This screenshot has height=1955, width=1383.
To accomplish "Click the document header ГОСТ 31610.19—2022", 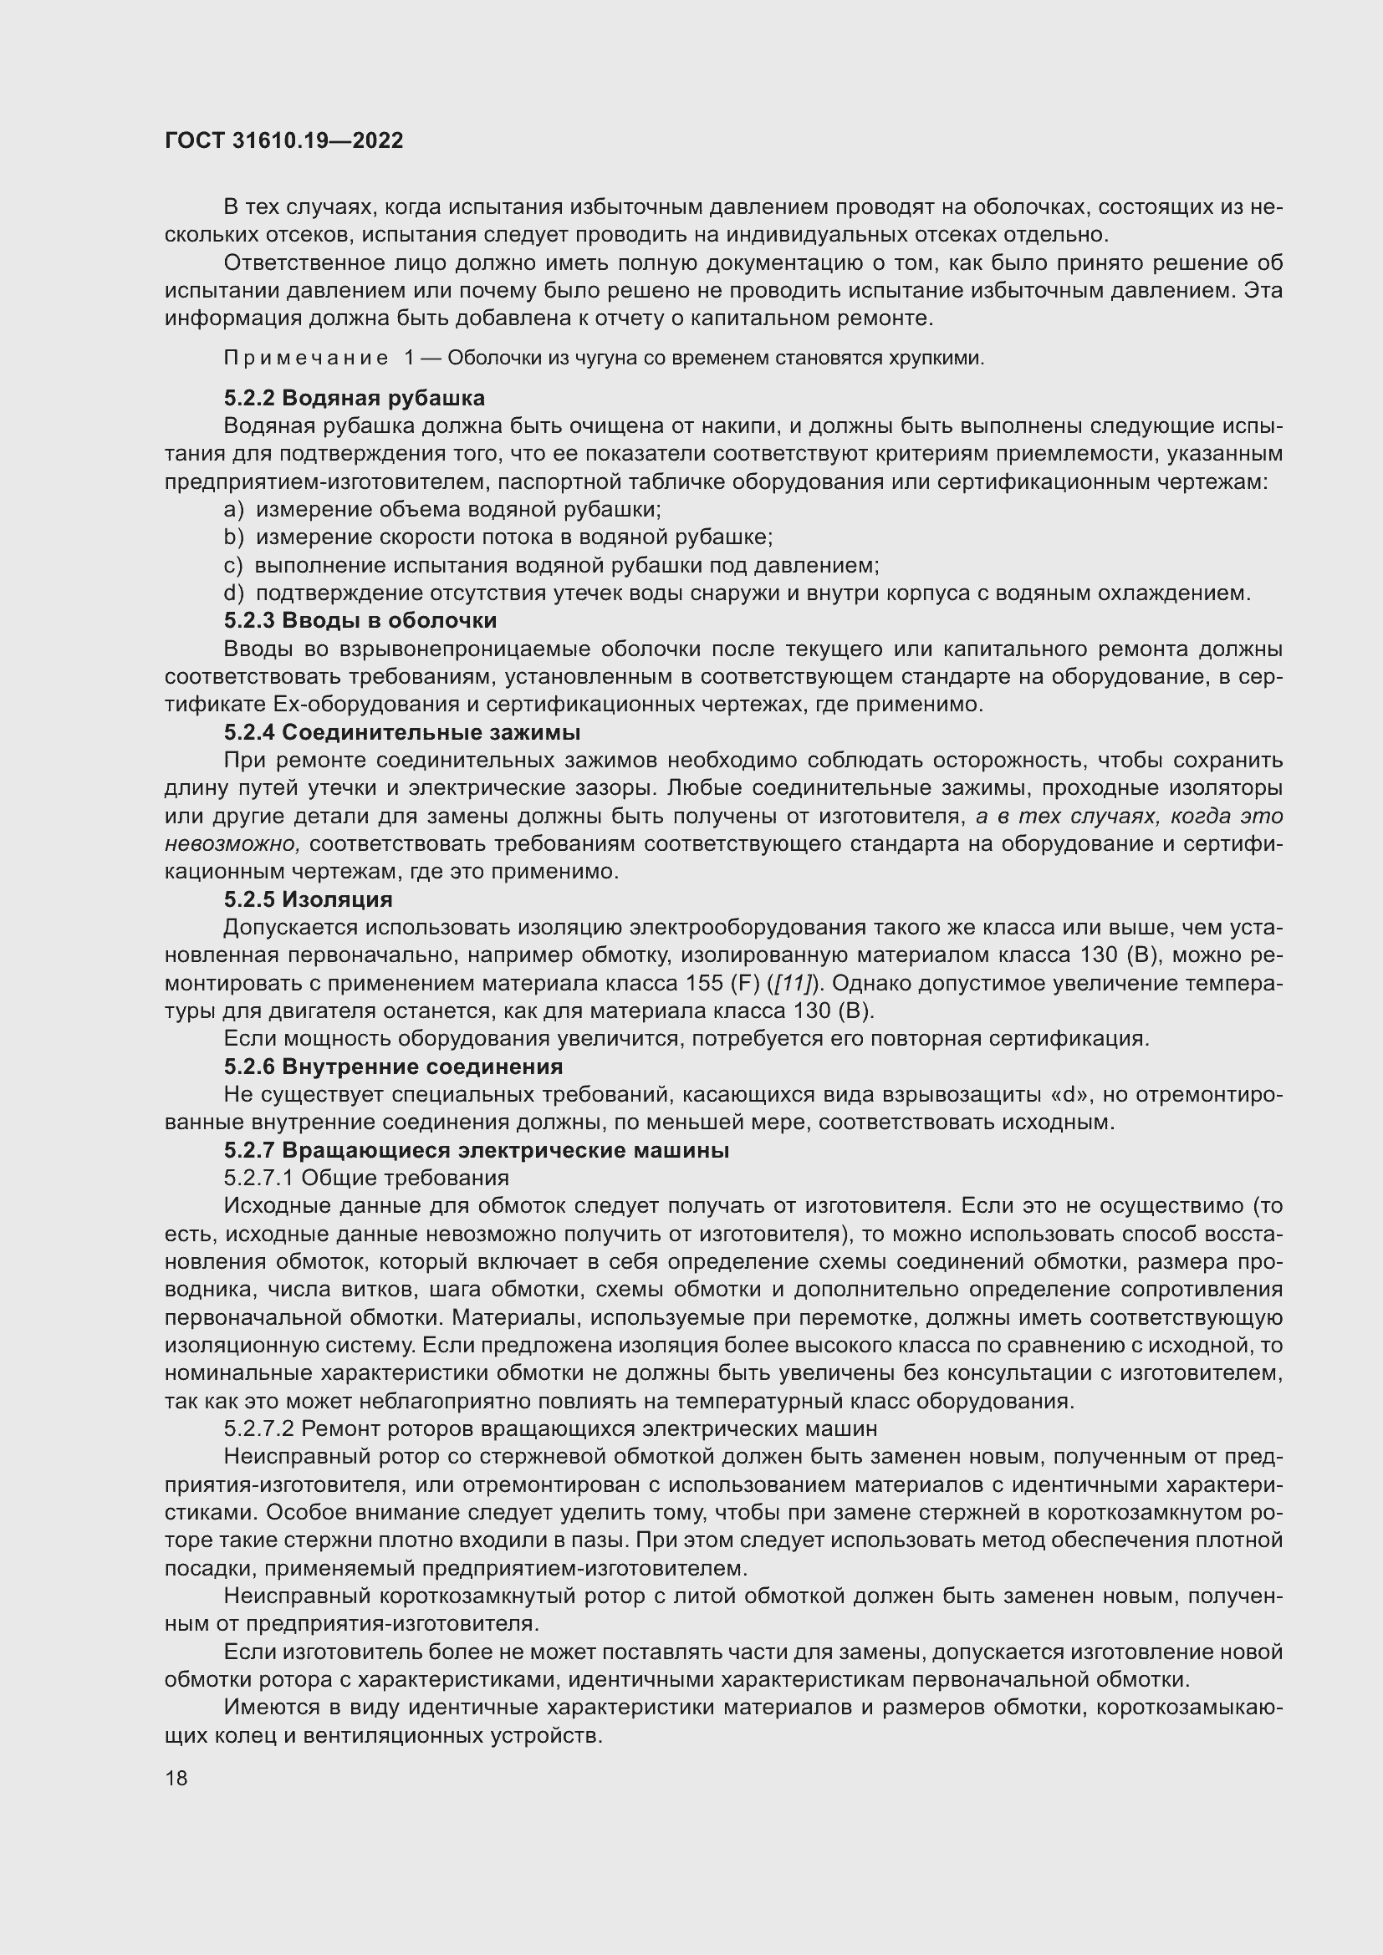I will pyautogui.click(x=283, y=140).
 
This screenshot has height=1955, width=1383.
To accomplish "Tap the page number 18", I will pyautogui.click(x=176, y=1779).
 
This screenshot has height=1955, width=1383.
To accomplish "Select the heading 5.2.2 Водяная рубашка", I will pyautogui.click(x=355, y=398).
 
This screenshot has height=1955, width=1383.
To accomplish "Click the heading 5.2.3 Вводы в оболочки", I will pyautogui.click(x=360, y=620).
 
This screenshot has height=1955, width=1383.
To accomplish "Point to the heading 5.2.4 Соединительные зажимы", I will pyautogui.click(x=402, y=732).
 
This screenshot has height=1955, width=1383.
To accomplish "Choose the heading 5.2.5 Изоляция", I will pyautogui.click(x=308, y=899).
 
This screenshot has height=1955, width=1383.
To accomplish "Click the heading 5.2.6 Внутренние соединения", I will pyautogui.click(x=393, y=1066).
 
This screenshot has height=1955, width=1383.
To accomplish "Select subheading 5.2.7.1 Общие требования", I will pyautogui.click(x=366, y=1178).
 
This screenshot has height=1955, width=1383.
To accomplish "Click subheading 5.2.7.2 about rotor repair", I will pyautogui.click(x=550, y=1428).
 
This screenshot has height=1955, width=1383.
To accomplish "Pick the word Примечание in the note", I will pyautogui.click(x=306, y=359).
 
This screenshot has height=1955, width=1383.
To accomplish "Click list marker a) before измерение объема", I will pyautogui.click(x=233, y=510).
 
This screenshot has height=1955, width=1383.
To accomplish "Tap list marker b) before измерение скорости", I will pyautogui.click(x=233, y=537).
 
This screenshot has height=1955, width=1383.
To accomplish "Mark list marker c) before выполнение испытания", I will pyautogui.click(x=233, y=565).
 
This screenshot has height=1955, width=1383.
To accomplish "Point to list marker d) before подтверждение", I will pyautogui.click(x=233, y=593).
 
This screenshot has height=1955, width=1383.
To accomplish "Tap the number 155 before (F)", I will pyautogui.click(x=704, y=984).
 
